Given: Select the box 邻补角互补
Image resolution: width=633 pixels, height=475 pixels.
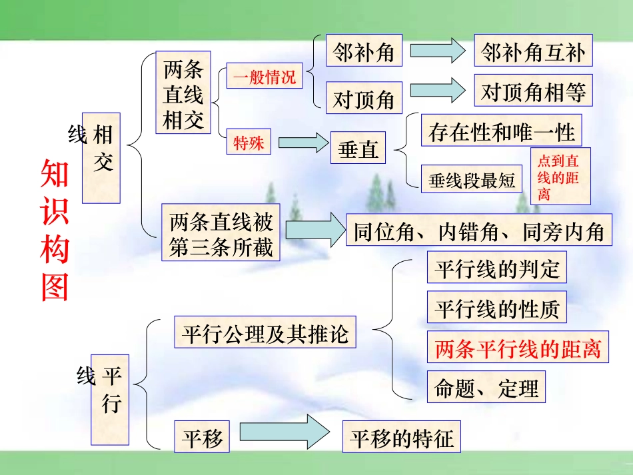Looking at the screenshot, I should (x=532, y=51).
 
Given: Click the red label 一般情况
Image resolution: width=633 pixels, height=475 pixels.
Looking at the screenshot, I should (x=264, y=77).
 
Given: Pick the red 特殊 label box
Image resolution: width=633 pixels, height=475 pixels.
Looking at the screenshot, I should (x=249, y=141).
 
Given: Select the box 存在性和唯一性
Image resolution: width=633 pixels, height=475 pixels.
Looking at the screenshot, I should (x=501, y=131).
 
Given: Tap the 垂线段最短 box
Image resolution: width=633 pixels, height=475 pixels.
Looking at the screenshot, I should (x=472, y=179).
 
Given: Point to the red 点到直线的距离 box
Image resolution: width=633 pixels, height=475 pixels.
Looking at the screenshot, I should (x=560, y=176).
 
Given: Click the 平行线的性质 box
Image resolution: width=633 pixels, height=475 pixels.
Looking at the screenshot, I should (x=496, y=308).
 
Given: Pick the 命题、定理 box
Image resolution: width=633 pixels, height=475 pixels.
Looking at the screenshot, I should (x=486, y=387).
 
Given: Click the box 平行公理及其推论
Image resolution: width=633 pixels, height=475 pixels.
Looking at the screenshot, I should (x=265, y=332).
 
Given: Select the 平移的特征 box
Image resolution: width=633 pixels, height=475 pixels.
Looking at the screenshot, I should (x=401, y=437).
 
